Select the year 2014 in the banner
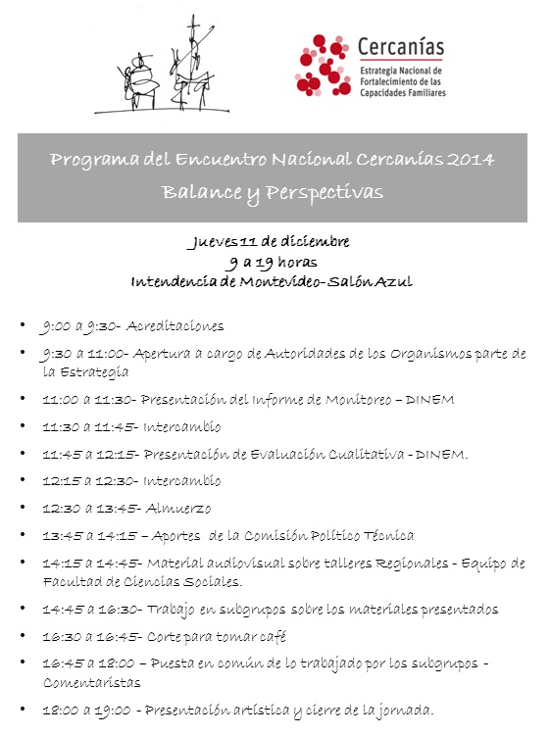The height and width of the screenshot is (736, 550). pos(472,160)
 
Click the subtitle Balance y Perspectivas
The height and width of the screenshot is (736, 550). pos(273,191)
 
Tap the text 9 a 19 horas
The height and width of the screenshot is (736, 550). pos(272,262)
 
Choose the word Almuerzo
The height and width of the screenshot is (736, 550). pos(178,509)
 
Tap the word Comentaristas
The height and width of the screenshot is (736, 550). pos(90,682)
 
